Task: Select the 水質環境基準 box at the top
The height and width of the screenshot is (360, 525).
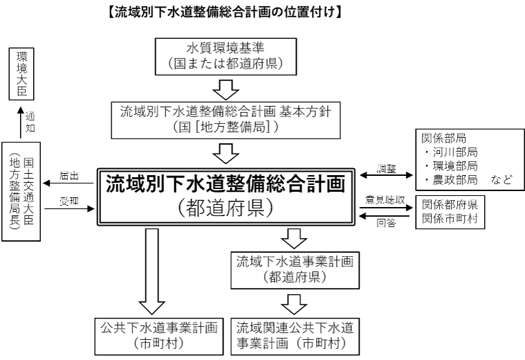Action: point(228,57)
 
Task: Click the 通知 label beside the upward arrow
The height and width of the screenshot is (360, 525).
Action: point(30,122)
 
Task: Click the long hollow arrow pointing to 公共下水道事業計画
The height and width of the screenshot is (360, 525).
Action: point(152,270)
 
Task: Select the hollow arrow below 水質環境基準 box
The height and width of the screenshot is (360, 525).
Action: point(228,89)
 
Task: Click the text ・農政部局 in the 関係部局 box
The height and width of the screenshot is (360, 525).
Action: point(450,179)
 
